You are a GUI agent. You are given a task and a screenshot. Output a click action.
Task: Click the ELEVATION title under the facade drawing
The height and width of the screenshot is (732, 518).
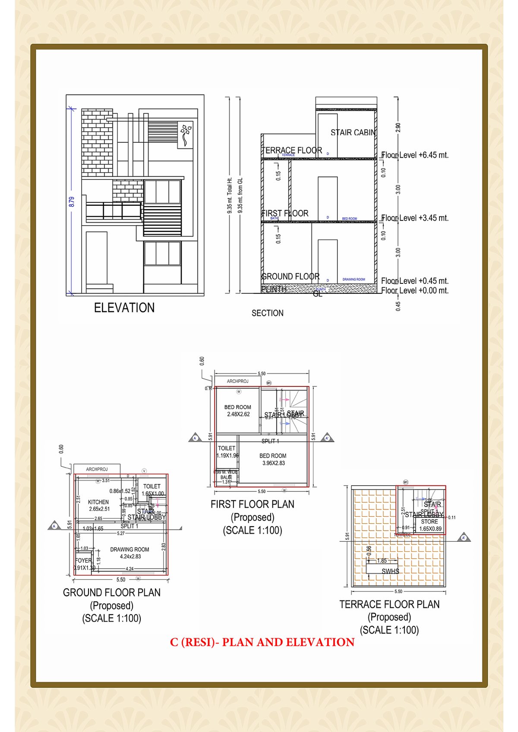click(124, 308)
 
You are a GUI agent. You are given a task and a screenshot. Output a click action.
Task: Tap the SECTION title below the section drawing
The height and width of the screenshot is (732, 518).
click(267, 313)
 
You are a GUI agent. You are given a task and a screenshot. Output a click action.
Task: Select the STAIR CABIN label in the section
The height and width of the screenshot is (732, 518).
click(353, 132)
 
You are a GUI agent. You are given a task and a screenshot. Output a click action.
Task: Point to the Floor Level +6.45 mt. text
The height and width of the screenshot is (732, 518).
click(415, 155)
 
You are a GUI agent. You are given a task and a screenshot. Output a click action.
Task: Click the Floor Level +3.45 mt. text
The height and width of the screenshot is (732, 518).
click(415, 218)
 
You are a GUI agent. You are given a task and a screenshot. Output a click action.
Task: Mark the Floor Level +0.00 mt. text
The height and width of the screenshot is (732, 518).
click(415, 290)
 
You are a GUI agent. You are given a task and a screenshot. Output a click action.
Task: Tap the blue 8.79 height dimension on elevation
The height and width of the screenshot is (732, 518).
click(72, 201)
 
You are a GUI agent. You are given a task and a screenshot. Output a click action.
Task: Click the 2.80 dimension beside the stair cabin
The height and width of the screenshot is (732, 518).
click(398, 127)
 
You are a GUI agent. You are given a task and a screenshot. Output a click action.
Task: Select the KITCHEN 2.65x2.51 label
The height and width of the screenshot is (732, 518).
click(98, 505)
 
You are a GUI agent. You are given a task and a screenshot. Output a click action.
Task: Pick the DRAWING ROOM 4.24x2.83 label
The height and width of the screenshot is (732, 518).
click(129, 553)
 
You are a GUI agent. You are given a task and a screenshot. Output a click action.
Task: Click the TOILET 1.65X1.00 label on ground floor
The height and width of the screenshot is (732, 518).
click(152, 490)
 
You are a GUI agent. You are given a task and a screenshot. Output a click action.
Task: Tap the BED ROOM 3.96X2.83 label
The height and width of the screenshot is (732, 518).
click(273, 459)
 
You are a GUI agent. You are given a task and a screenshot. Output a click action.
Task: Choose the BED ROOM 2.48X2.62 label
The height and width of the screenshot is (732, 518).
click(238, 410)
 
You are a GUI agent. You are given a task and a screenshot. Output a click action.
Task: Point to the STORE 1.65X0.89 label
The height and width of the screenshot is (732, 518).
click(430, 525)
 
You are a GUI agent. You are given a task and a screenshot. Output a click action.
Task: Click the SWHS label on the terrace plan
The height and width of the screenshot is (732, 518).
click(390, 571)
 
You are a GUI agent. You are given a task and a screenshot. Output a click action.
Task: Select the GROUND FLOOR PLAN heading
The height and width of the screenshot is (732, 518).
click(112, 593)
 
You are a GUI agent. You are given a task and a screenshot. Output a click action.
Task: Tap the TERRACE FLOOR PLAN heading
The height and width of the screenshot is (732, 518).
click(389, 604)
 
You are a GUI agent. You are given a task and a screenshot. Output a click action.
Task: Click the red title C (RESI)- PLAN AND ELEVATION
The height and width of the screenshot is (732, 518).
click(262, 642)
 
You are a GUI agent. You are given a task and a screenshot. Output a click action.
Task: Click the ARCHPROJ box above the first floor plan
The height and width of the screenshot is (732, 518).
click(238, 381)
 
